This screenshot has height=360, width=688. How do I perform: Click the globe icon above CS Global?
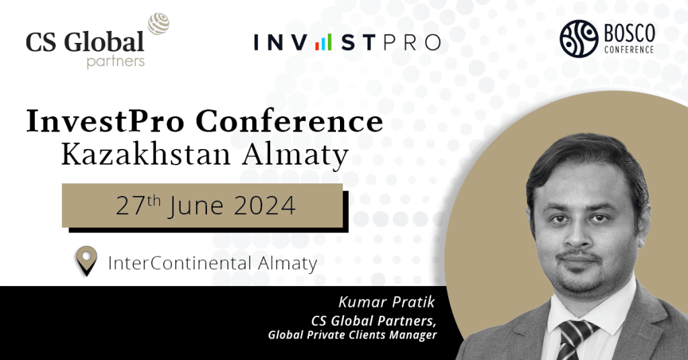159,24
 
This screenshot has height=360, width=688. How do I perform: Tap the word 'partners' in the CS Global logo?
116,61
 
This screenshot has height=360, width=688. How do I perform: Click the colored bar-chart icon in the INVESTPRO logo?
323,42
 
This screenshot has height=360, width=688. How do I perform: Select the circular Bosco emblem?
578,38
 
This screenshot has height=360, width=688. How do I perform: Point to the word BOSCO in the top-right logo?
629,34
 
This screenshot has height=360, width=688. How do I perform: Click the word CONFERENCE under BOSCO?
629,50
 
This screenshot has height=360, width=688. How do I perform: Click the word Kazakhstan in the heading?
146,154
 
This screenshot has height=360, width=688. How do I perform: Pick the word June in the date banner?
196,206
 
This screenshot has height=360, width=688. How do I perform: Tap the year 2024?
265,206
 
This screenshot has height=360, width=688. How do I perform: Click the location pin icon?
87,261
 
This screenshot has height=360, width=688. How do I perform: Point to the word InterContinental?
179,263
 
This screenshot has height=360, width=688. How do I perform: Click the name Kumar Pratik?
386,302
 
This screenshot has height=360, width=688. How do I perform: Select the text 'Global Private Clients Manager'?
352,335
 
